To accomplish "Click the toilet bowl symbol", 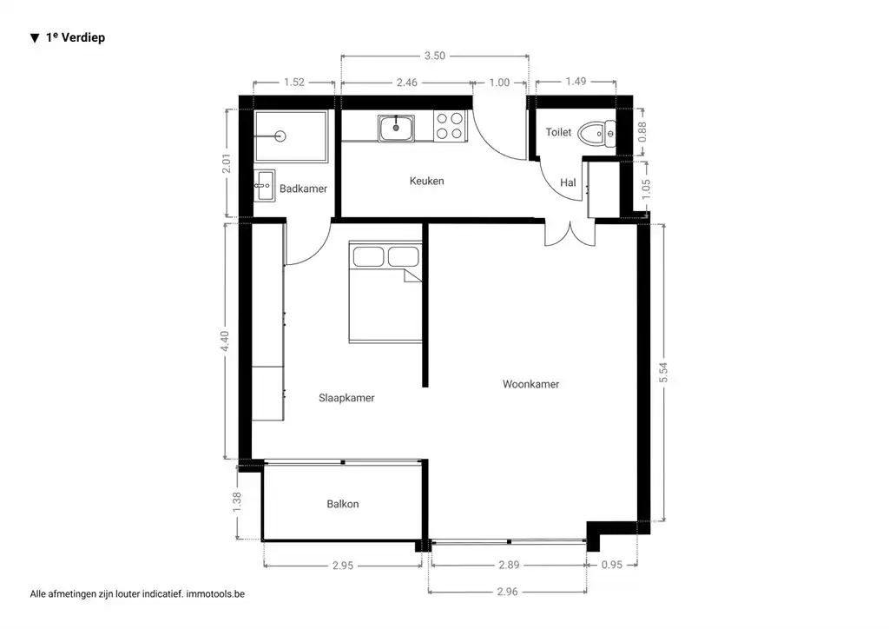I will click(597, 133).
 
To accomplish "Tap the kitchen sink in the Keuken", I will click(396, 128).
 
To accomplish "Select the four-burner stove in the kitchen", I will click(449, 127).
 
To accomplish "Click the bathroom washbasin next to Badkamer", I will click(264, 185).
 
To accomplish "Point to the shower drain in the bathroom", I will click(280, 136).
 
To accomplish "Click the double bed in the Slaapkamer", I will click(385, 292).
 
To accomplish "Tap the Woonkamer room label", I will click(530, 384).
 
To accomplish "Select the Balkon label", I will click(342, 504).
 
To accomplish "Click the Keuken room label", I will click(426, 181).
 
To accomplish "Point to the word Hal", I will click(569, 182).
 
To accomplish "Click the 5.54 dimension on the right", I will click(663, 372).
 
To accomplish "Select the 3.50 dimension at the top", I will click(434, 56).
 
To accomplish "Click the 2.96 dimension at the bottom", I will click(508, 593).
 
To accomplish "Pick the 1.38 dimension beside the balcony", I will click(238, 503).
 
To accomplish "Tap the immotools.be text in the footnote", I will click(222, 594).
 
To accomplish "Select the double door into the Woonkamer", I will click(570, 234).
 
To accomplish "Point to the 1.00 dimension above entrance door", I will click(499, 83).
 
